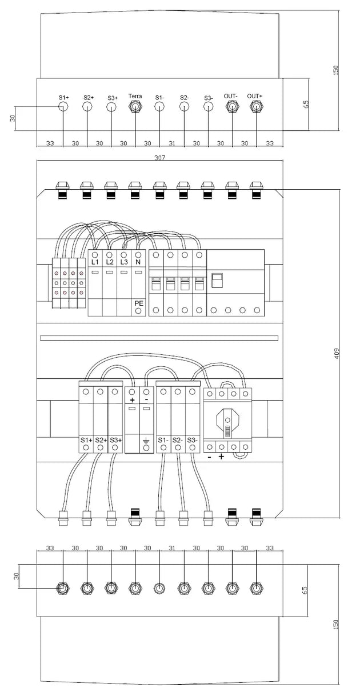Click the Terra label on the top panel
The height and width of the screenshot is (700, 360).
pos(135,96)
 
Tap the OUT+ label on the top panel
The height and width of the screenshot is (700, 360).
pos(255,96)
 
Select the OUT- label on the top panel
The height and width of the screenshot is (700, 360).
pos(231,96)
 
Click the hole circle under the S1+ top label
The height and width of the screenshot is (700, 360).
pos(63,107)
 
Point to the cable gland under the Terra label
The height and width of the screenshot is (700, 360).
pos(135,107)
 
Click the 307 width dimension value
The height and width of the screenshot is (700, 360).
pos(159,157)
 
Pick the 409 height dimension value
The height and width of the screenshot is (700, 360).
pos(337,353)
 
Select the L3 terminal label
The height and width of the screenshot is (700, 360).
pos(124,262)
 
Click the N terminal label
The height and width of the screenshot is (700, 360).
pos(138,262)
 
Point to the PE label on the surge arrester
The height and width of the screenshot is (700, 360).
pos(139,302)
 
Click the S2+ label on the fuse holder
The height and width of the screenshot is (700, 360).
pos(101,440)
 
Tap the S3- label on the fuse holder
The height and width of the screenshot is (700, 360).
pos(193,440)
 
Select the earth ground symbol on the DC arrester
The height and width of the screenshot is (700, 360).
pos(146,440)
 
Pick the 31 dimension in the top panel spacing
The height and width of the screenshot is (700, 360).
pos(171,143)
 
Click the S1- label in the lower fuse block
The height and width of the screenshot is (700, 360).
pos(163,440)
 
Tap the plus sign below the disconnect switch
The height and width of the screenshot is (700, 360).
pos(221,457)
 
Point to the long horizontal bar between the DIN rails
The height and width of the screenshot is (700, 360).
pos(159,338)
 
